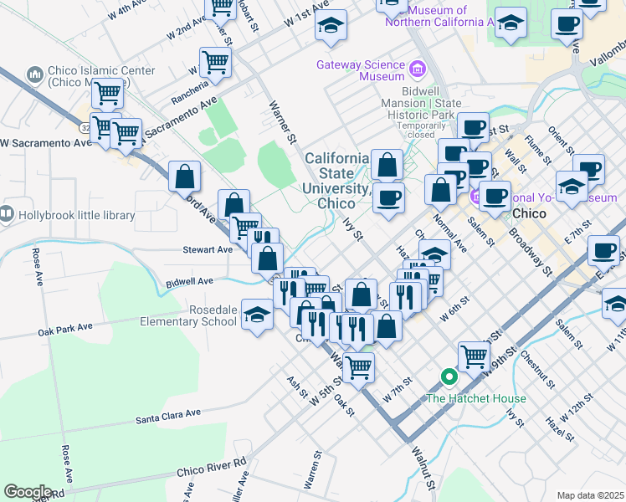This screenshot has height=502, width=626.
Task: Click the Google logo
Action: click(x=28, y=492)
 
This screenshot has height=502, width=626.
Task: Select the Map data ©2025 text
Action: click(x=590, y=495)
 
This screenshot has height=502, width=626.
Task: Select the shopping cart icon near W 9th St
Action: click(x=474, y=356)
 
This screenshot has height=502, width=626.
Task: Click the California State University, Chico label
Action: click(x=336, y=181)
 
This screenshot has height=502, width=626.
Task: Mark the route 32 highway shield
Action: click(x=86, y=128)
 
